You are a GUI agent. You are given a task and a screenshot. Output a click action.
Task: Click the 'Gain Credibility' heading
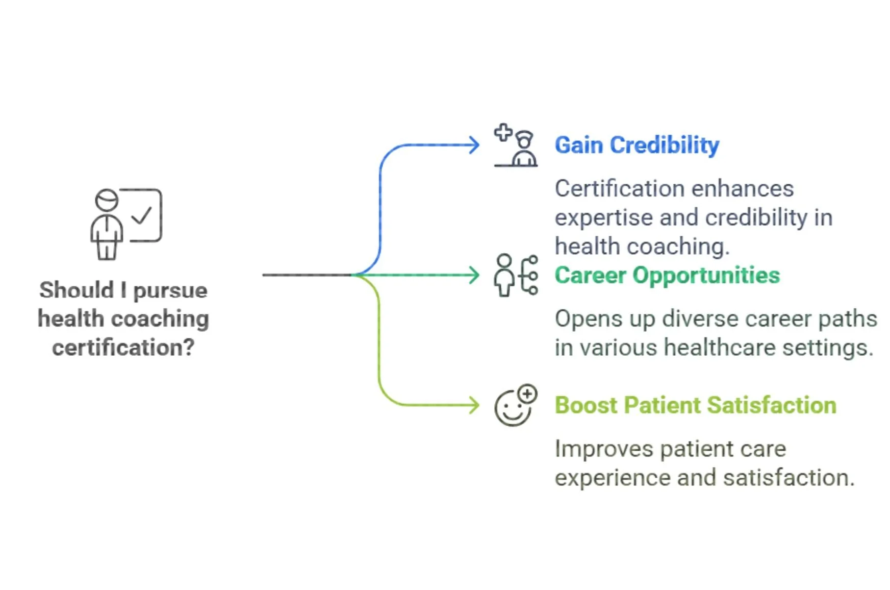(x=637, y=145)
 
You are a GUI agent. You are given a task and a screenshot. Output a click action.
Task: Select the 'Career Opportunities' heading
(x=667, y=276)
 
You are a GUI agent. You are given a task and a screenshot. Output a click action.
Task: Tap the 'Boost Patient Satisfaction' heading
(x=695, y=406)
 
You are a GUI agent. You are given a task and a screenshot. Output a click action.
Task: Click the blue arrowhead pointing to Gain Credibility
(x=474, y=145)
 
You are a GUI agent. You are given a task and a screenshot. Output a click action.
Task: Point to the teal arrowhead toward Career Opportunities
(x=474, y=276)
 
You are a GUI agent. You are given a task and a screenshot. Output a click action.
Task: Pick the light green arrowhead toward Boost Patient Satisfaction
(x=474, y=406)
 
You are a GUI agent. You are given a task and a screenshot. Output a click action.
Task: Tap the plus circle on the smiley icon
(x=527, y=394)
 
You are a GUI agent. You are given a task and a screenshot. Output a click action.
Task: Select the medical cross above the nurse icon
(x=503, y=132)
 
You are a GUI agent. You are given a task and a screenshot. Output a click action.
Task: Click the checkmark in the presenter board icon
(x=142, y=215)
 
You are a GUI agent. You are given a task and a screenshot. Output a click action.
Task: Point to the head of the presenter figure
(x=107, y=200)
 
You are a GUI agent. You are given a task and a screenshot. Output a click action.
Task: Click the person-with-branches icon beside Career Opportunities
(x=516, y=275)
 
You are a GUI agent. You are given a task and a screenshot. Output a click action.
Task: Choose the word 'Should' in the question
(x=77, y=290)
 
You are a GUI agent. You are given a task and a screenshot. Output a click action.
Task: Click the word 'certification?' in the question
(x=123, y=348)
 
